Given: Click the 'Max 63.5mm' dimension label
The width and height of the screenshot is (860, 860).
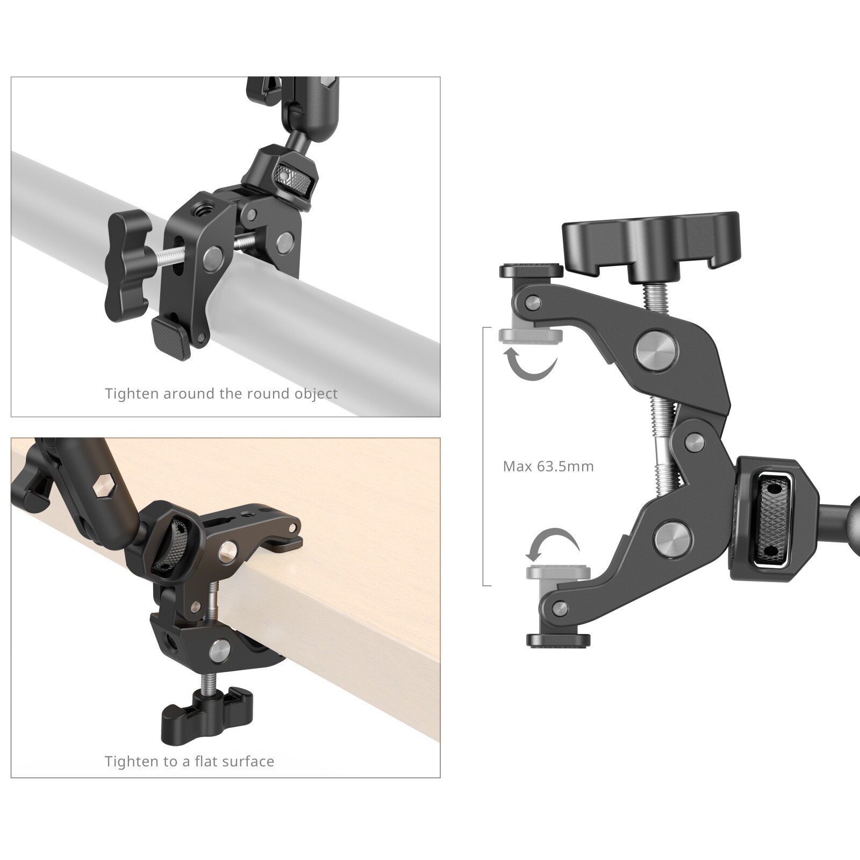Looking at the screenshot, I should click(x=548, y=466).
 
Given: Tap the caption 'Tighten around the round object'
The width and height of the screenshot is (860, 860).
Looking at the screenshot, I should click(x=221, y=393).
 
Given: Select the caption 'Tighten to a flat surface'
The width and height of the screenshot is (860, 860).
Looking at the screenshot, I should click(x=189, y=761).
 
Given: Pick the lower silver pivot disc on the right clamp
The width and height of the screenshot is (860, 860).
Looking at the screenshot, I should click(x=669, y=538).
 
